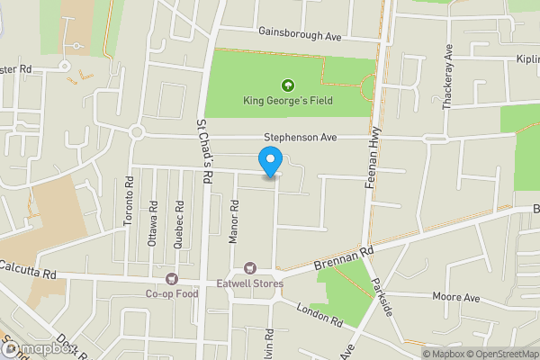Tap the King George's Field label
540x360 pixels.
(x=288, y=101)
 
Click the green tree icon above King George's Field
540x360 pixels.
(x=288, y=85)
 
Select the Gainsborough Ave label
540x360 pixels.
(x=300, y=31)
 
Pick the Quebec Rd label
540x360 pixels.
(x=180, y=220)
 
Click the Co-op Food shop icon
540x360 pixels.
(x=171, y=278)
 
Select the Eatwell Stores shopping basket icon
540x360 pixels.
(x=250, y=268)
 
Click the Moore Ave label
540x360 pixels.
(x=456, y=297)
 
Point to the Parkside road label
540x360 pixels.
(x=381, y=297)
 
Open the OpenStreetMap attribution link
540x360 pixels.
(x=501, y=354)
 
